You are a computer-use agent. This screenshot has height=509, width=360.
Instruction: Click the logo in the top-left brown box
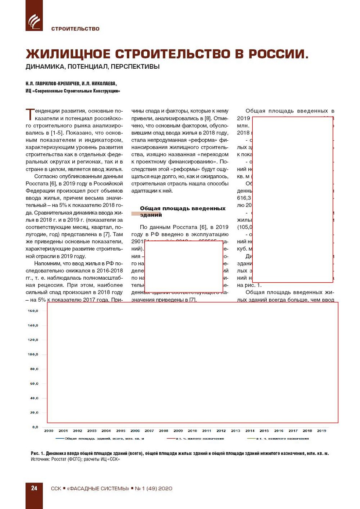[x=34, y=21]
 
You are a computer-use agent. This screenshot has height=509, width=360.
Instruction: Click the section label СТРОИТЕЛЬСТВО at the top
[x=75, y=29]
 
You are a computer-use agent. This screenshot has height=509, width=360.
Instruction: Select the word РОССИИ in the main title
[x=278, y=54]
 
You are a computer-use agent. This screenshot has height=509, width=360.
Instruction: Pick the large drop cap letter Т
[x=30, y=114]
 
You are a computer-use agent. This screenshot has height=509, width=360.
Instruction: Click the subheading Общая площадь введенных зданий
[x=182, y=211]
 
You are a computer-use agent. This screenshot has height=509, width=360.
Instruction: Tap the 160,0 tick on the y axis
[x=33, y=311]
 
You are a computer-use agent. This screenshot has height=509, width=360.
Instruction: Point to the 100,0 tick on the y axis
[x=33, y=354]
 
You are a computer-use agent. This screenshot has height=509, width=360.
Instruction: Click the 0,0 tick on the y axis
[x=35, y=427]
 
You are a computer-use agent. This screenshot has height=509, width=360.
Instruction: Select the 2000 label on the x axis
[x=49, y=431]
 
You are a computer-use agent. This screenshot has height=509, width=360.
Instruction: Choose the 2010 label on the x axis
[x=192, y=431]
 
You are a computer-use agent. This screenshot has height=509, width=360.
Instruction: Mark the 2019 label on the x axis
[x=322, y=431]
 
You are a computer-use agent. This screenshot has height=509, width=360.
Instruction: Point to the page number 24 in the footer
[x=34, y=488]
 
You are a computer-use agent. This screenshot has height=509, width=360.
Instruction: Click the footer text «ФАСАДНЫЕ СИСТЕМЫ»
[x=98, y=488]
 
